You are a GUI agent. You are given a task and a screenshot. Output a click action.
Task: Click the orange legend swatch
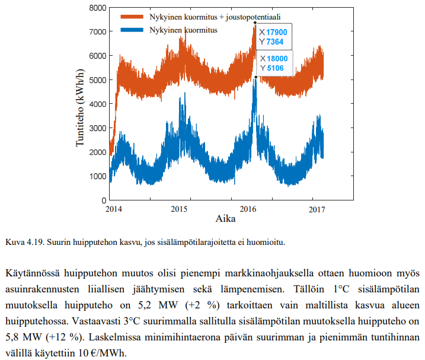coord(132,17)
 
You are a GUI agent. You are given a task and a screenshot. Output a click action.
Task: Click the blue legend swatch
coord(132,30)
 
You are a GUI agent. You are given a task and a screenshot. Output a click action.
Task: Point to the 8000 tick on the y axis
coord(98,8)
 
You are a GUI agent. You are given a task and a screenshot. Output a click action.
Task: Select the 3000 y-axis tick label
coord(98,128)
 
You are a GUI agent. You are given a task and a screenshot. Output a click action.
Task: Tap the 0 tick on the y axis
coord(104,200)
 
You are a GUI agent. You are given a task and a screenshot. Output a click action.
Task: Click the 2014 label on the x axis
coord(114,209)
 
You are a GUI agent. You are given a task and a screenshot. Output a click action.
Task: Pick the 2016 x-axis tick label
coord(248,209)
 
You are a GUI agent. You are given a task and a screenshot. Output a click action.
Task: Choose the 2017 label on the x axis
coord(317,209)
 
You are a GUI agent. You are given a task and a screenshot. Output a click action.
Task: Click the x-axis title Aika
coord(225,219)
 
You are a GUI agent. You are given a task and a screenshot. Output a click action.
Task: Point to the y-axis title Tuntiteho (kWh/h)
coord(80,108)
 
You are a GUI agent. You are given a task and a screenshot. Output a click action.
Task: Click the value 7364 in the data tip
coord(275,42)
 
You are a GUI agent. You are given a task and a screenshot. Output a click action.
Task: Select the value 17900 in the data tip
coord(276,32)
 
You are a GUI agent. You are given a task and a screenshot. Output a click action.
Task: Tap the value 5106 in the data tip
coord(275,68)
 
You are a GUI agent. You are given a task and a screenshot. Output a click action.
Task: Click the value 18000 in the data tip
coord(277,59)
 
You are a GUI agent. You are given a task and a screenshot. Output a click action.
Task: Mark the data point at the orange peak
coord(255,23)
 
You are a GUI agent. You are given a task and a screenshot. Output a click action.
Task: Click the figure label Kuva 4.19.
coord(25,242)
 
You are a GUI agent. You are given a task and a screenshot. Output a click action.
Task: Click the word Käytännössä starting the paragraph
coord(32,273)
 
